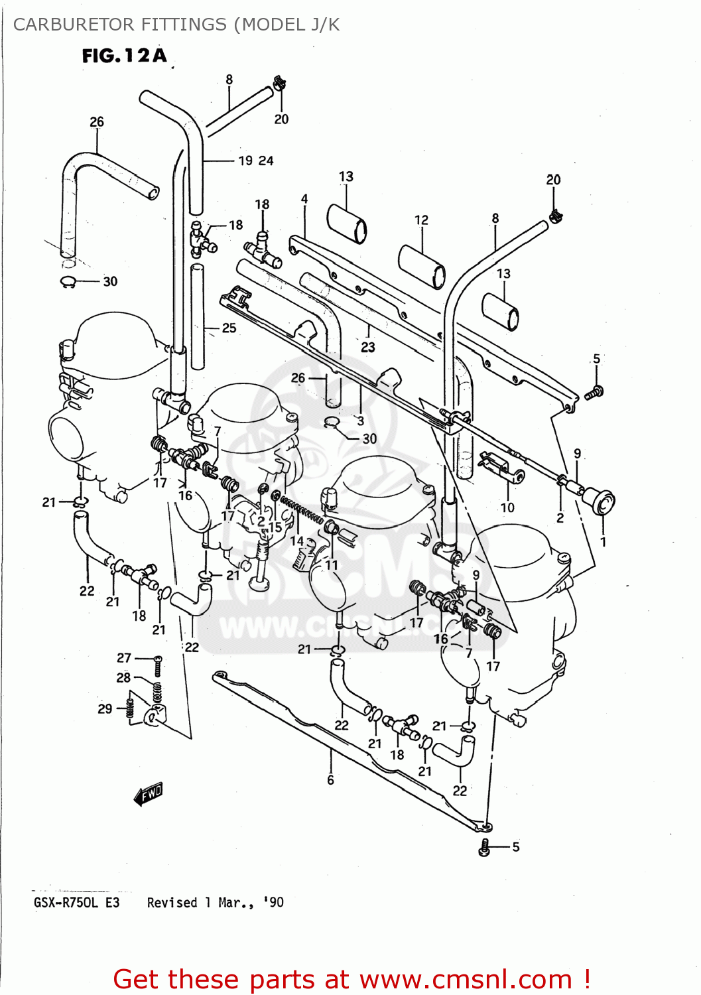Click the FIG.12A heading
click(124, 56)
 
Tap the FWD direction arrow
click(148, 793)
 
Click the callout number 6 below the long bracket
click(330, 780)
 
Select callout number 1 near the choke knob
click(603, 541)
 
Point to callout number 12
click(421, 220)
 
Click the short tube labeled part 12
click(422, 266)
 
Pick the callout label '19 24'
click(255, 161)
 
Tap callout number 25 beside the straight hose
click(229, 328)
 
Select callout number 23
click(367, 347)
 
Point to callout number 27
click(124, 657)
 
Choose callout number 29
click(105, 708)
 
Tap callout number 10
click(507, 507)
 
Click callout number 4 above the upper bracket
click(304, 199)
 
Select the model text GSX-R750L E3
click(76, 903)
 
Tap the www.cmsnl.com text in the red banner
click(466, 979)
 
